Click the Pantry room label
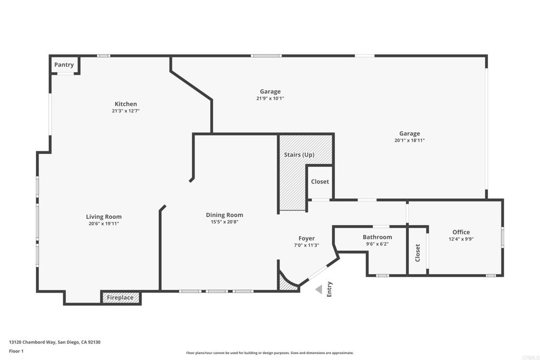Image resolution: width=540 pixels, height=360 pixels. (64, 65)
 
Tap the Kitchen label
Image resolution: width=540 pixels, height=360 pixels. (126, 104)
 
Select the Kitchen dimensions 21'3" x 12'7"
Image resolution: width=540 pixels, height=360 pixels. (126, 111)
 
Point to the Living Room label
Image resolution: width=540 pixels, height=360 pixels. (104, 217)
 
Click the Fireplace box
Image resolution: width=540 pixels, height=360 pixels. (120, 298)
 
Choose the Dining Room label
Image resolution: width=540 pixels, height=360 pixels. (225, 215)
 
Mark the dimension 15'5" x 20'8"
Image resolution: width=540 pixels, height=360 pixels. (225, 222)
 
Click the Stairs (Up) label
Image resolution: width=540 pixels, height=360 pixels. (300, 155)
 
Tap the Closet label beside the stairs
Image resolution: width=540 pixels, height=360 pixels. (320, 181)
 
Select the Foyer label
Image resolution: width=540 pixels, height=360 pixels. (306, 239)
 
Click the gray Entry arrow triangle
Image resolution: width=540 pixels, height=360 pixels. (319, 289)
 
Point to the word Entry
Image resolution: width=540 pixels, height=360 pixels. (329, 289)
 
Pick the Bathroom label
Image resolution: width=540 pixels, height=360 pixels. (378, 237)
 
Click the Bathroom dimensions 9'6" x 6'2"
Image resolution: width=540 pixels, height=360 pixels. (378, 244)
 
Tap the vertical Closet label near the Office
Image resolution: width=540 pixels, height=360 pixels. (418, 253)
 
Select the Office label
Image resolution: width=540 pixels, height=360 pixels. (461, 232)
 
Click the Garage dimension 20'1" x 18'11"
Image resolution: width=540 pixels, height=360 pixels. (409, 140)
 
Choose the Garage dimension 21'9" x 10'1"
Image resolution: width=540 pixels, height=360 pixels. (271, 99)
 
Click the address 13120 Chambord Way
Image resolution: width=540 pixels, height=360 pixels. (33, 342)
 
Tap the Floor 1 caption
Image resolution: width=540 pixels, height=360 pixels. (16, 351)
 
